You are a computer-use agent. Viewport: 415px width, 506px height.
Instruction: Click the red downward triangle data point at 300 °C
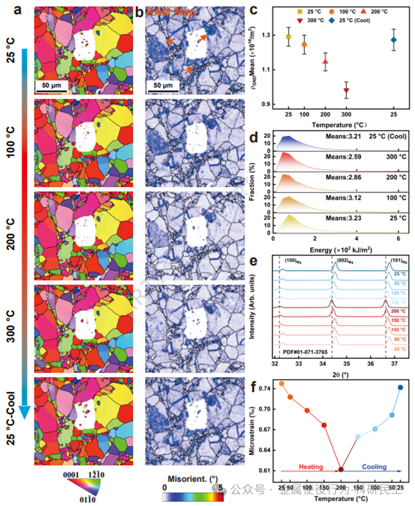click(346, 91)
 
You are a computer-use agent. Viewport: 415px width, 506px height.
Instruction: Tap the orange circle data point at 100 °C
click(304, 45)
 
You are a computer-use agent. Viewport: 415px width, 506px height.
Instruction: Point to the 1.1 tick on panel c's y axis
click(277, 70)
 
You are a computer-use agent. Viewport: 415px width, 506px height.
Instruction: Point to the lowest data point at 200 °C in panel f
click(341, 470)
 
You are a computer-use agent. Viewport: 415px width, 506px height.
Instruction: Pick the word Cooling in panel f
click(375, 467)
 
